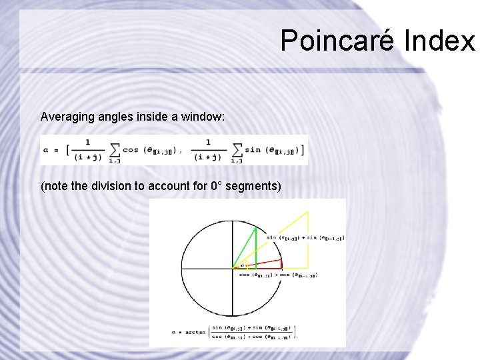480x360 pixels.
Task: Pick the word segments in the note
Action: coord(253,186)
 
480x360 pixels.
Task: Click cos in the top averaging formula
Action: coord(131,150)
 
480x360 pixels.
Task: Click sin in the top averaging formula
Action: coord(253,150)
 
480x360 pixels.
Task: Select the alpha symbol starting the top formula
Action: coord(46,151)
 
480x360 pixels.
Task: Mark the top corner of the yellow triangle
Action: coord(308,211)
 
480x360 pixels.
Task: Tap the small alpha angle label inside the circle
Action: coord(241,265)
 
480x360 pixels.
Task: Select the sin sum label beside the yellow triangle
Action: coord(305,237)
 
